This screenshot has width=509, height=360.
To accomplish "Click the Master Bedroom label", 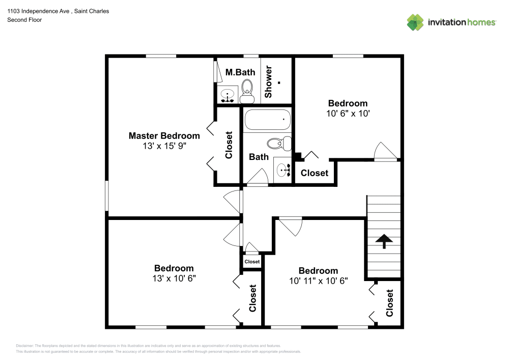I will point(164,135).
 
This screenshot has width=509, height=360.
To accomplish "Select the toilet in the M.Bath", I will point(247,88).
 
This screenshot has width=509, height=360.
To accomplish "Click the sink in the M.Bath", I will point(227,95).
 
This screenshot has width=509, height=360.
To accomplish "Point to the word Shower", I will point(269,81).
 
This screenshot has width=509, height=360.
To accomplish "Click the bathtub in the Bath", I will point(267,121).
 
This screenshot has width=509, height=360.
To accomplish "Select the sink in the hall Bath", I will point(282,170).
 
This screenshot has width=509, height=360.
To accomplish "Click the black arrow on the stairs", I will point(383,241).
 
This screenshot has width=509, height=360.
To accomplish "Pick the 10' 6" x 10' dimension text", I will point(348,114).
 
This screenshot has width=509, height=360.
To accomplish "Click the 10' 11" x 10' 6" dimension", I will point(318,281).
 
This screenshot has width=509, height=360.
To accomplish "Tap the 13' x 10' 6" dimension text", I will point(174,279).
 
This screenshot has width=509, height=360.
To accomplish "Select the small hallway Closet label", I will point(251,262).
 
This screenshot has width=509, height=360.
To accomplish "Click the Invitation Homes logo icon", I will point(415,22).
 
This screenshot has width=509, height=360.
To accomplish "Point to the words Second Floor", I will point(24,20).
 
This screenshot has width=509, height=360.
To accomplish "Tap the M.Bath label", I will point(240,72).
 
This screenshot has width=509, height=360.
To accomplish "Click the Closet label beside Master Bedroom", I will point(229,145).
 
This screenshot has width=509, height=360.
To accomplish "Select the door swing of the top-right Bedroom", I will point(385,151).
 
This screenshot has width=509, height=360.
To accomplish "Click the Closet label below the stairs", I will point(390,303).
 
